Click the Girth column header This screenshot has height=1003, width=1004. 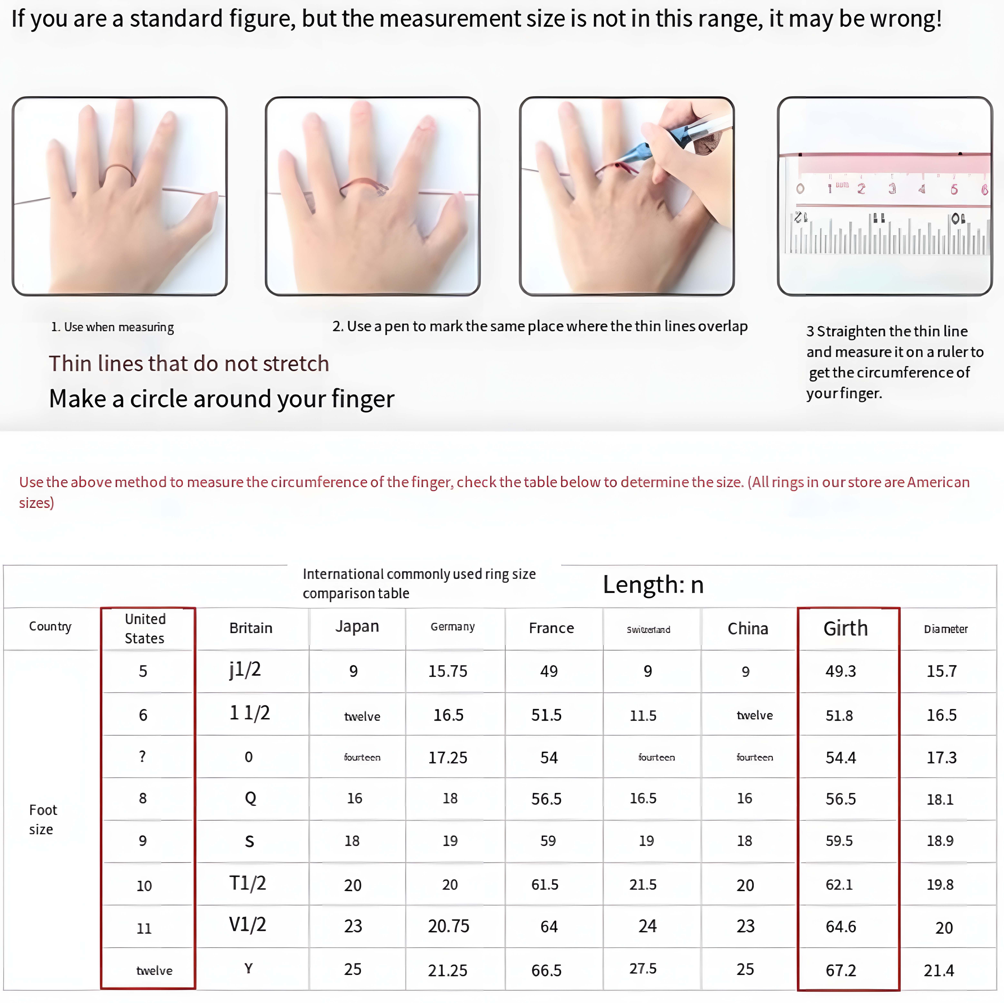845,629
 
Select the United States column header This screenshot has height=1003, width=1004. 145,629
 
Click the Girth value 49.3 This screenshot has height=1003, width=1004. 840,671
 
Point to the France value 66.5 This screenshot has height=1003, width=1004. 546,970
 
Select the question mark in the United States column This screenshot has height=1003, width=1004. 142,757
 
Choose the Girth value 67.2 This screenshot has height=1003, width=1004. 840,970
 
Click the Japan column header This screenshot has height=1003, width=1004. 357,626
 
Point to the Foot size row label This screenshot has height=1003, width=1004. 43,819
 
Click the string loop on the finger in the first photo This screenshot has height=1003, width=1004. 120,172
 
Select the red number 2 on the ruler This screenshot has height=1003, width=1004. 861,189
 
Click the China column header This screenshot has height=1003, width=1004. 747,629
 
